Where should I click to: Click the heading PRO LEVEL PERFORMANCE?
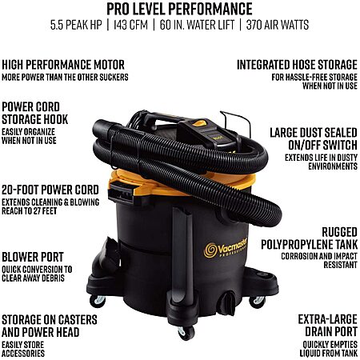(x=179, y=9)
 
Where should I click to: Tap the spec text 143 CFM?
(x=130, y=25)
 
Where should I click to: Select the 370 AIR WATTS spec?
(x=278, y=25)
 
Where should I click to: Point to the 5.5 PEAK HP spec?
(x=76, y=25)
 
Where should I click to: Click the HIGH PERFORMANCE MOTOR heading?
(x=63, y=65)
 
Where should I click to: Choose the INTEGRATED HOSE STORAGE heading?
(x=297, y=65)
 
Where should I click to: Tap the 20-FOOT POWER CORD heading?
(x=50, y=190)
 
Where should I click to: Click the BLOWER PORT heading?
(x=33, y=257)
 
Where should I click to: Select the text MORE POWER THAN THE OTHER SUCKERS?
(x=65, y=78)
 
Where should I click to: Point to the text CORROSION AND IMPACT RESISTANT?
(x=319, y=261)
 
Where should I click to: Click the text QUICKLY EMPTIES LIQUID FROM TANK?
(x=329, y=349)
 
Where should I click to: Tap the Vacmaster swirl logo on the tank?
(x=210, y=250)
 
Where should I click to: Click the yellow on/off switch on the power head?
(x=199, y=123)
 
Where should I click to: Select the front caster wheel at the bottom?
(x=186, y=333)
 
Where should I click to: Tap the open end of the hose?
(x=100, y=129)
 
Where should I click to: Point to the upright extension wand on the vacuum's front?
(x=182, y=256)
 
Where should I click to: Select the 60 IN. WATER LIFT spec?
(x=197, y=25)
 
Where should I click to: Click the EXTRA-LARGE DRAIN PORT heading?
(x=328, y=326)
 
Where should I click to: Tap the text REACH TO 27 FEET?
(x=30, y=211)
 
